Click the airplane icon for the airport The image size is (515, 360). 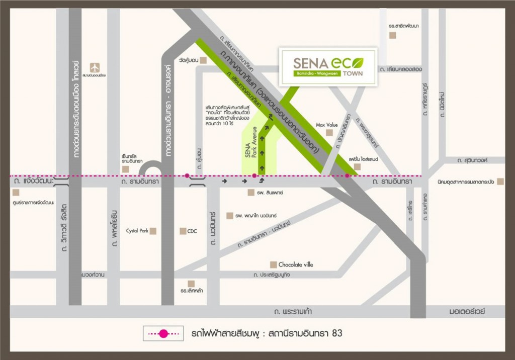click(95, 67)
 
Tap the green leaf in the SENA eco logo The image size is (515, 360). click(357, 63)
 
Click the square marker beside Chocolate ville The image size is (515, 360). click(273, 264)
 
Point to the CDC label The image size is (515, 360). click(192, 231)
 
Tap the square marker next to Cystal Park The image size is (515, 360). click(153, 231)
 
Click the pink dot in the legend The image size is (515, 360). click(163, 333)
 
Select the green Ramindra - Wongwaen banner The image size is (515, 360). click(317, 73)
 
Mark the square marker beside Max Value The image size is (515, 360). click(329, 133)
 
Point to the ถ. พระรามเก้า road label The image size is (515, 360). click(293, 312)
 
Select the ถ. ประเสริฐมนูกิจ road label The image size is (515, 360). click(279, 275)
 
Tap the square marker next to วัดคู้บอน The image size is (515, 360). click(203, 60)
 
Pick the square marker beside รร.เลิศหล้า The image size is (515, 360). click(191, 284)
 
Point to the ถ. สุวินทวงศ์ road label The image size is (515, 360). click(473, 160)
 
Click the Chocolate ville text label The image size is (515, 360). click(296, 264)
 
